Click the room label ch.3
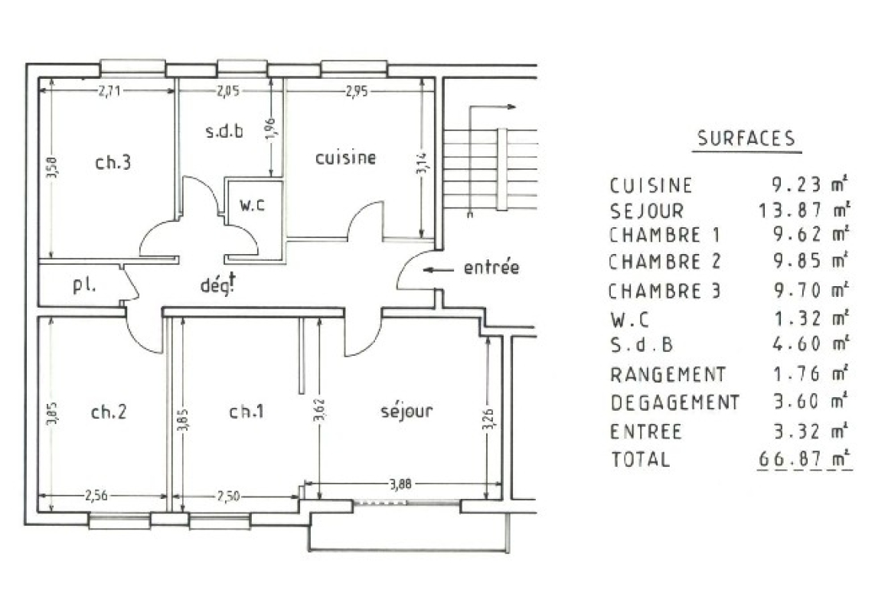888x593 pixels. [x=112, y=162]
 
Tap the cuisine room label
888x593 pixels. [x=347, y=158]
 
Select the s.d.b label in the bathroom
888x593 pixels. [x=224, y=131]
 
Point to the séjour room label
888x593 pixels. [x=406, y=411]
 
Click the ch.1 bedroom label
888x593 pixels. [x=246, y=412]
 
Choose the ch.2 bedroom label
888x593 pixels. [x=109, y=412]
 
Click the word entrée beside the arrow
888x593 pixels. [x=491, y=269]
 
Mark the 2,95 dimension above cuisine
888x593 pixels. [x=356, y=91]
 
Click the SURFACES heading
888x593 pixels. [x=746, y=138]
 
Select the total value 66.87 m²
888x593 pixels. [x=803, y=459]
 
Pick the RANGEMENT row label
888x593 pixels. [x=668, y=375]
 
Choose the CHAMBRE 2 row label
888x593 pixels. [x=664, y=262]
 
